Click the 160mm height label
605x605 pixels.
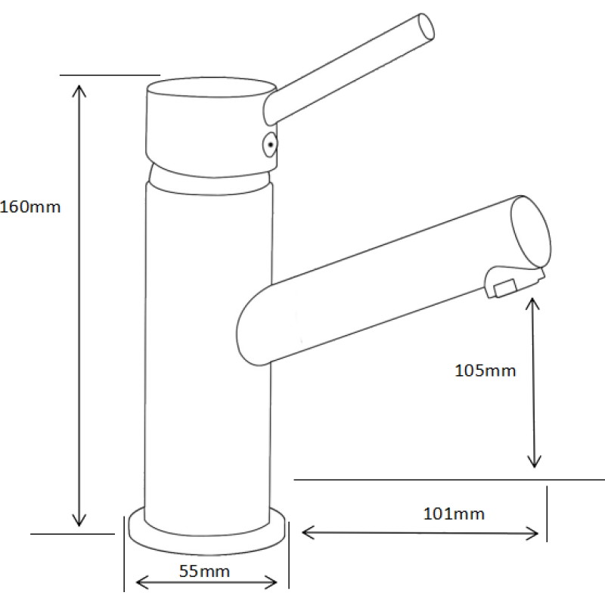point(30,207)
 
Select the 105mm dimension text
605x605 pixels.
point(485,371)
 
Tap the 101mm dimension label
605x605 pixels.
point(454,514)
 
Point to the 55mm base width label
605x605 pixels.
point(204,571)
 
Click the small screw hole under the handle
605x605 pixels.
point(270,145)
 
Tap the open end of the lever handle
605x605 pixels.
point(427,26)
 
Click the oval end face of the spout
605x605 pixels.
point(532,232)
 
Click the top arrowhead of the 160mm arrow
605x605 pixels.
point(79,91)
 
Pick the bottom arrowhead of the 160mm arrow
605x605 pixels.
point(79,520)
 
